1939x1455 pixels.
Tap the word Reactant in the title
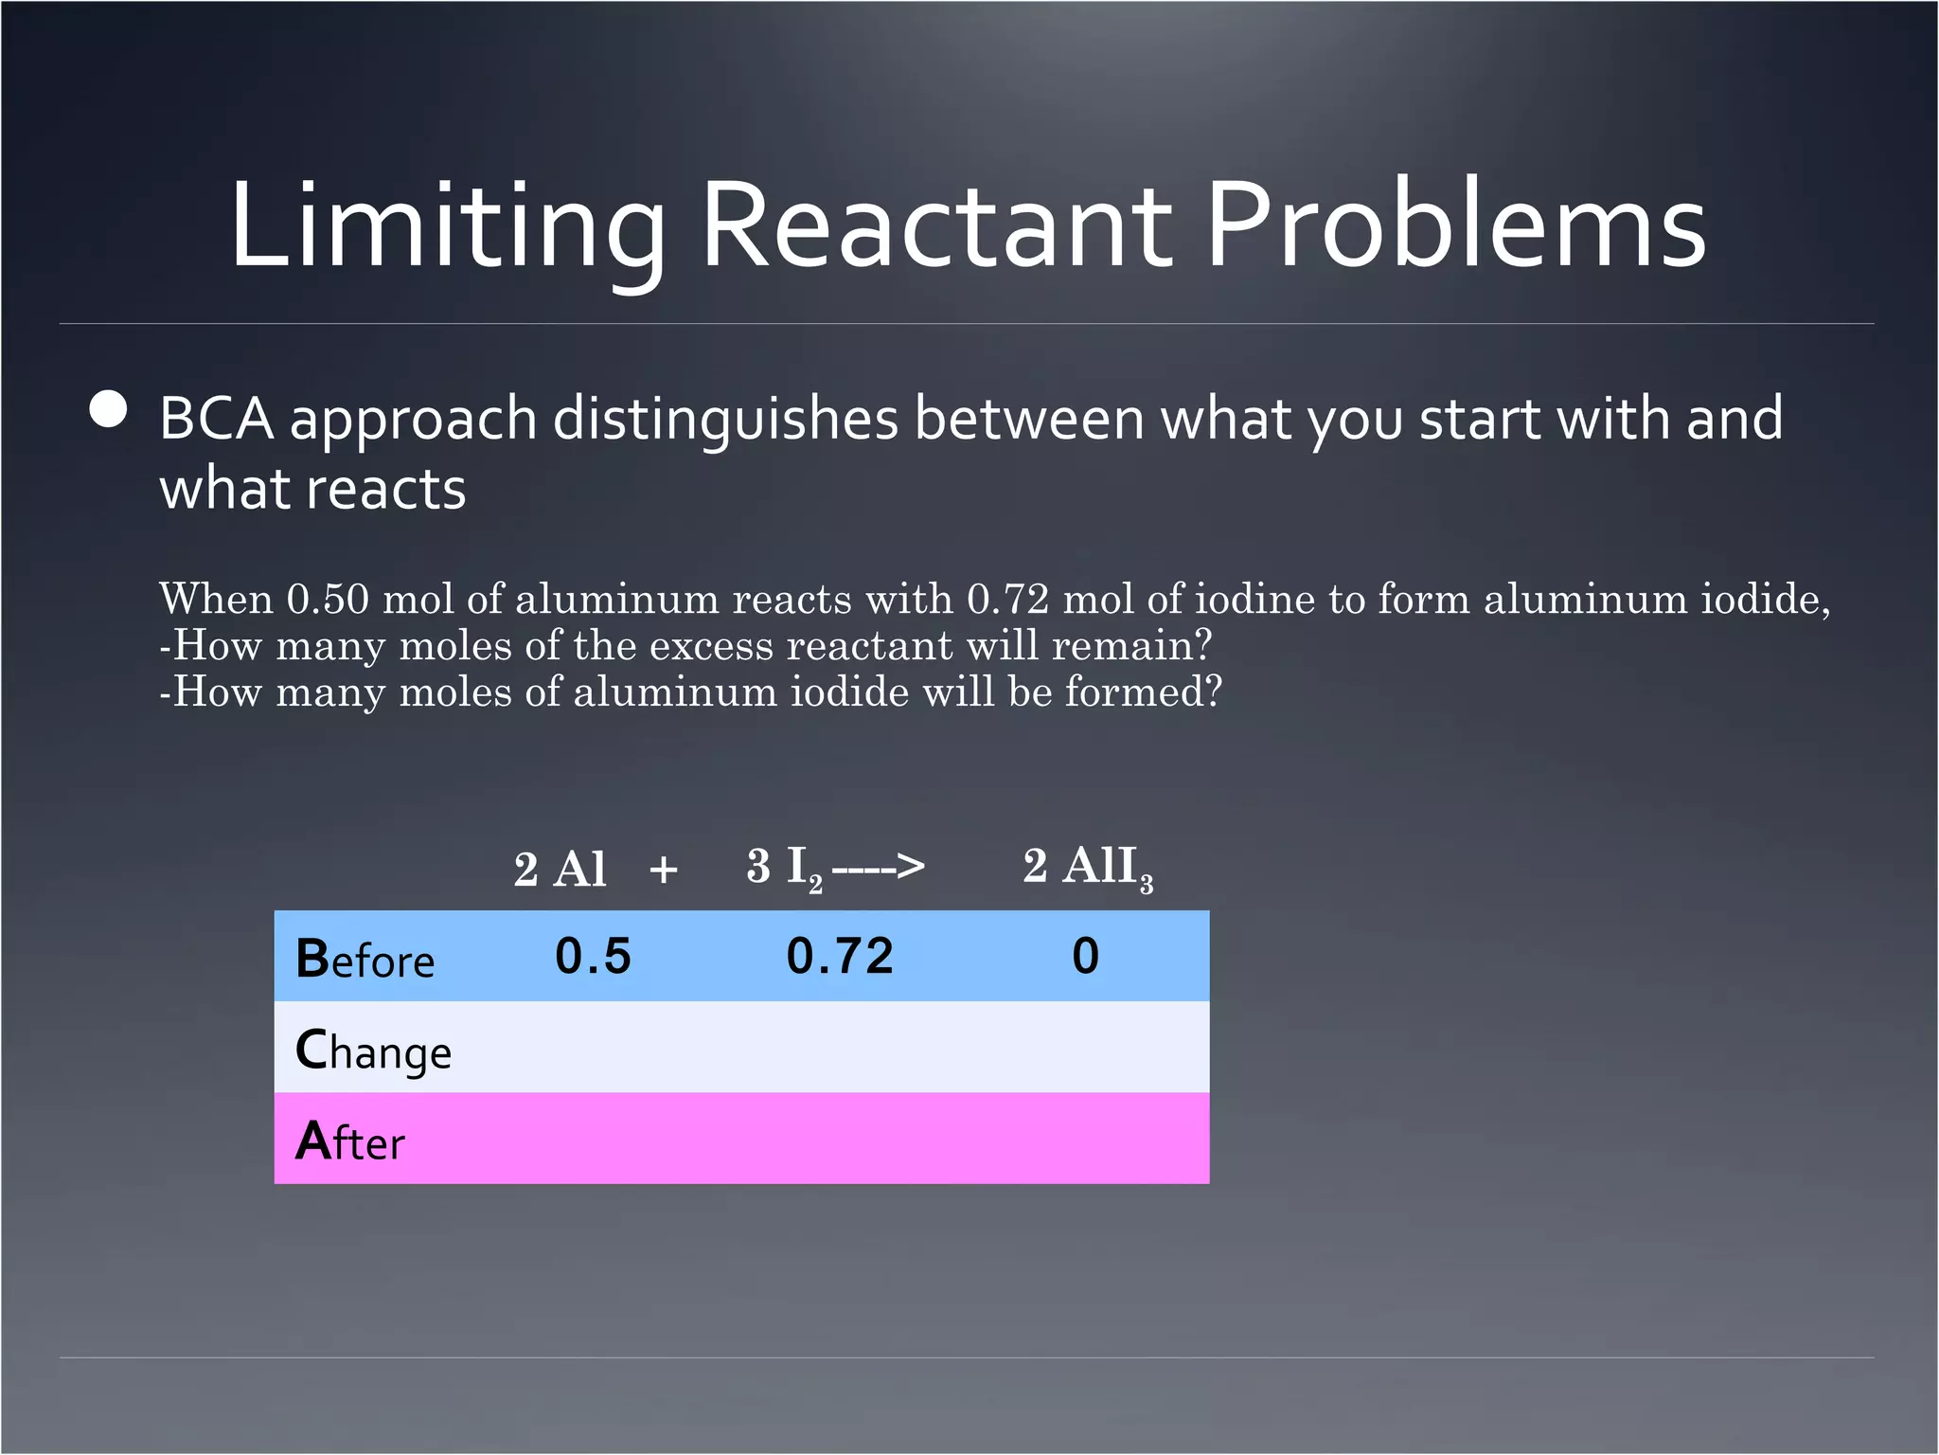pos(937,227)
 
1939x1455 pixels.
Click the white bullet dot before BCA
pos(109,410)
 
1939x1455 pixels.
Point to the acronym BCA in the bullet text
pos(216,419)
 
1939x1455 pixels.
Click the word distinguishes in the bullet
pos(724,419)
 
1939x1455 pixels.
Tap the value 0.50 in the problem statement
pos(328,599)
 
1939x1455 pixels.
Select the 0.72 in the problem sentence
pos(1008,599)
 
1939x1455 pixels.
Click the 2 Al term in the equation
pos(560,869)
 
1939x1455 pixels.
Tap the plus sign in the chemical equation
pos(664,869)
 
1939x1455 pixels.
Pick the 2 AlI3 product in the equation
pos(1088,867)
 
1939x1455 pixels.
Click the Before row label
pos(365,959)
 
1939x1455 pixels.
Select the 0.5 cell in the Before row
pos(593,956)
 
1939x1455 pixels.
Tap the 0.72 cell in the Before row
pos(840,956)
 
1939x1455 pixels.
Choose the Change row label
pos(373,1051)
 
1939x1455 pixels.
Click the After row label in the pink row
pos(349,1141)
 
